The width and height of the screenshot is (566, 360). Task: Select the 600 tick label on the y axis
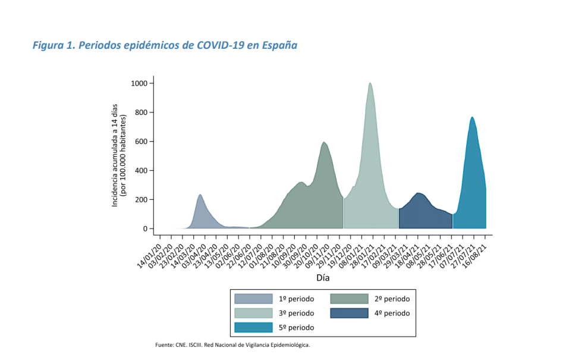coord(141,142)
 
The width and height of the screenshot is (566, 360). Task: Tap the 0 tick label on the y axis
coord(146,229)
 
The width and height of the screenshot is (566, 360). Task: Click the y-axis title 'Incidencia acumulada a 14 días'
coord(115,155)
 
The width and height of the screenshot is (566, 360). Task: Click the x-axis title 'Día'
coord(323,278)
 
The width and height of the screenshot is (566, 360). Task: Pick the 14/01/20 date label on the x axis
coord(149,256)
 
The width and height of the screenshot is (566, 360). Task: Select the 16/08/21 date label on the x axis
coord(475,256)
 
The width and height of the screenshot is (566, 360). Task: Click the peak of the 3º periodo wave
coord(370,83)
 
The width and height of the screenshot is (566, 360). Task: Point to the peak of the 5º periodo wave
coord(472,117)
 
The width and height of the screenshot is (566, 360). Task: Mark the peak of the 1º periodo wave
coord(200,195)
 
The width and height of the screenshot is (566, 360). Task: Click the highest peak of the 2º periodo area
coord(324,142)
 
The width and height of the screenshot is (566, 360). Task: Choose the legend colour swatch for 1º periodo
coord(253,299)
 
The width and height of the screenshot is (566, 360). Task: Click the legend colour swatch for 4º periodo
coord(349,314)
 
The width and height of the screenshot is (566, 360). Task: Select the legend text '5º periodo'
coord(296,328)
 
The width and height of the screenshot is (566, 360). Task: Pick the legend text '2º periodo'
coord(392,299)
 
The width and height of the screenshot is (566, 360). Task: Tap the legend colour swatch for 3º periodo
coord(253,314)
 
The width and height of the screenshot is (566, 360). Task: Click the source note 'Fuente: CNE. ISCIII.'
coord(179,345)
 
